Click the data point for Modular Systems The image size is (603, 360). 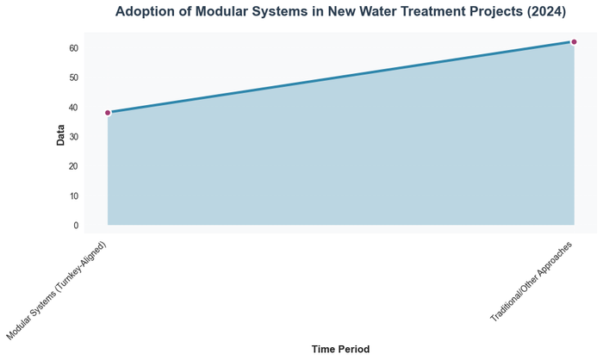click(108, 113)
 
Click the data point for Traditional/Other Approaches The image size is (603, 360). click(574, 41)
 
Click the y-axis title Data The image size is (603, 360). click(60, 134)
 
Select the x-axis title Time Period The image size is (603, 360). click(340, 350)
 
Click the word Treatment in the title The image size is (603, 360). click(423, 12)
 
